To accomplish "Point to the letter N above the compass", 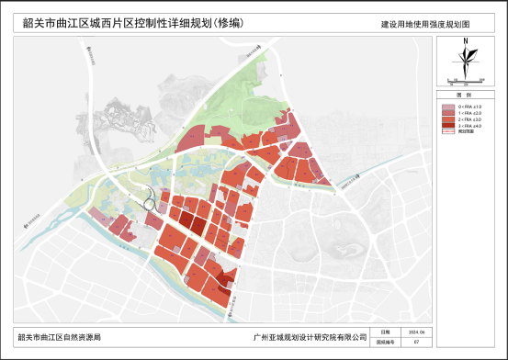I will coord(467,41).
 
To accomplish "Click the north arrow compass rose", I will coord(467,62).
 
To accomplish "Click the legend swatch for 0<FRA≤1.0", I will coord(447,107).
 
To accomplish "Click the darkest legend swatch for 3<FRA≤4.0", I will coord(447,127).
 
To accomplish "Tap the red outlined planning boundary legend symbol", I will coord(447,133).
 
